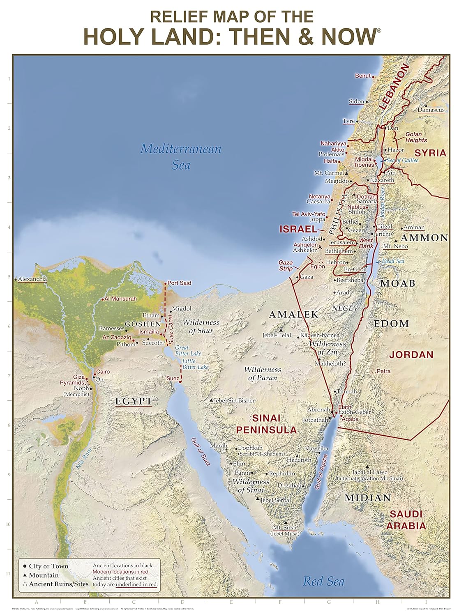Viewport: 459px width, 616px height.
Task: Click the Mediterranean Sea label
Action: coord(181,156)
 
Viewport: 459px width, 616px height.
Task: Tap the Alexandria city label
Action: coord(32,279)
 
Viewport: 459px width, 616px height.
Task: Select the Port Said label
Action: coord(179,283)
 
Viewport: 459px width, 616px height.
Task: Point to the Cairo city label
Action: coord(103,372)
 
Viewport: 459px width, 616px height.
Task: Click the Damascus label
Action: coord(431,110)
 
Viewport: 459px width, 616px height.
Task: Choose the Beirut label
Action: coord(363,76)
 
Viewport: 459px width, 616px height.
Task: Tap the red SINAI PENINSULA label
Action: coord(266,424)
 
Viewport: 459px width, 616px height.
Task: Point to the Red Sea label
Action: coord(323,581)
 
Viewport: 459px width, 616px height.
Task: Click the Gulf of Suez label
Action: coord(200,451)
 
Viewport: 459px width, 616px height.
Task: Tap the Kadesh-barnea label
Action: coord(320,336)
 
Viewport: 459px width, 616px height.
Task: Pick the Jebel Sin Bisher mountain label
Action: coord(234,400)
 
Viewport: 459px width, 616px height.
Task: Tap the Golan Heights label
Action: coord(416,137)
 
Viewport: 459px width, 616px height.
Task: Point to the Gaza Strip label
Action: coord(286,265)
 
